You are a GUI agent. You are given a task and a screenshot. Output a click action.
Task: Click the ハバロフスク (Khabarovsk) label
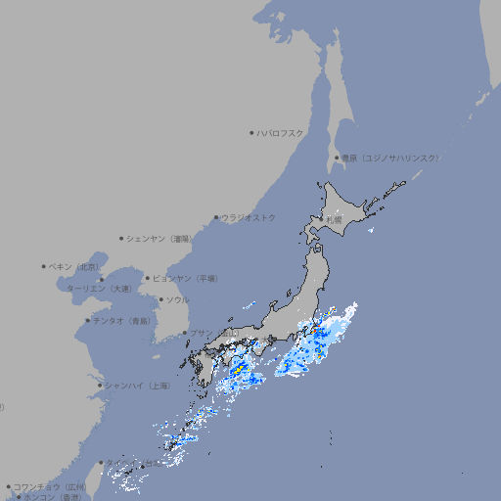tap(281, 132)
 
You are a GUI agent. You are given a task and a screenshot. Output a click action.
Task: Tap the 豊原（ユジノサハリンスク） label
tap(389, 158)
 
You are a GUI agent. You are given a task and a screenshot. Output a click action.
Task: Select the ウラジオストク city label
tap(249, 217)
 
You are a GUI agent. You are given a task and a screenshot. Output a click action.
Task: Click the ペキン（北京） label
tap(74, 266)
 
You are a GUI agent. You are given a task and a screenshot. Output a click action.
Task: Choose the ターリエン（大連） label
tap(99, 289)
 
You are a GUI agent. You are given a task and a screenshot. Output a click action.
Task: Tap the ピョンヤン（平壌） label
tap(185, 278)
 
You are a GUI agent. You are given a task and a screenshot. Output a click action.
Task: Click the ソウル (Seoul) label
tap(177, 299)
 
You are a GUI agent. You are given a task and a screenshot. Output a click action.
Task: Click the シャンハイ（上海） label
tap(137, 386)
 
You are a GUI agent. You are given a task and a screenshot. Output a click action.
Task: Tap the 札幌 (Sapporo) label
tap(335, 220)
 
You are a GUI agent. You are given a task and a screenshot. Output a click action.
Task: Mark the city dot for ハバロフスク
tap(251, 132)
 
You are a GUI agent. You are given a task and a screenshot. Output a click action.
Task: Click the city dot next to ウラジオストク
tap(216, 217)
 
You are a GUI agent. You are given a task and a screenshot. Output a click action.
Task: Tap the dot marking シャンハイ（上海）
tap(100, 386)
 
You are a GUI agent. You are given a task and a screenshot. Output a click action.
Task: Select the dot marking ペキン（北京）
tap(44, 266)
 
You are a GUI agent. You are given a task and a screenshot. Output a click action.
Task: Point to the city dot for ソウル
tap(160, 299)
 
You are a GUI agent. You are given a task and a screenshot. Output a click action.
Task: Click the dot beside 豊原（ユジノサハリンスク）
tap(337, 158)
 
